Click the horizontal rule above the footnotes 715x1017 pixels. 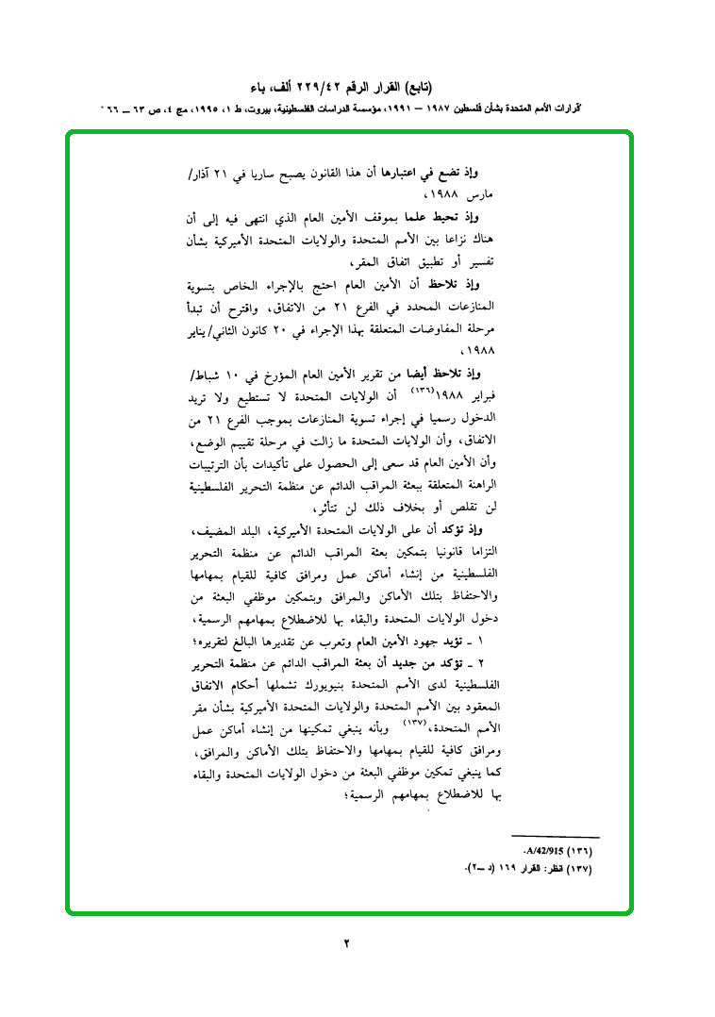tap(555, 837)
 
